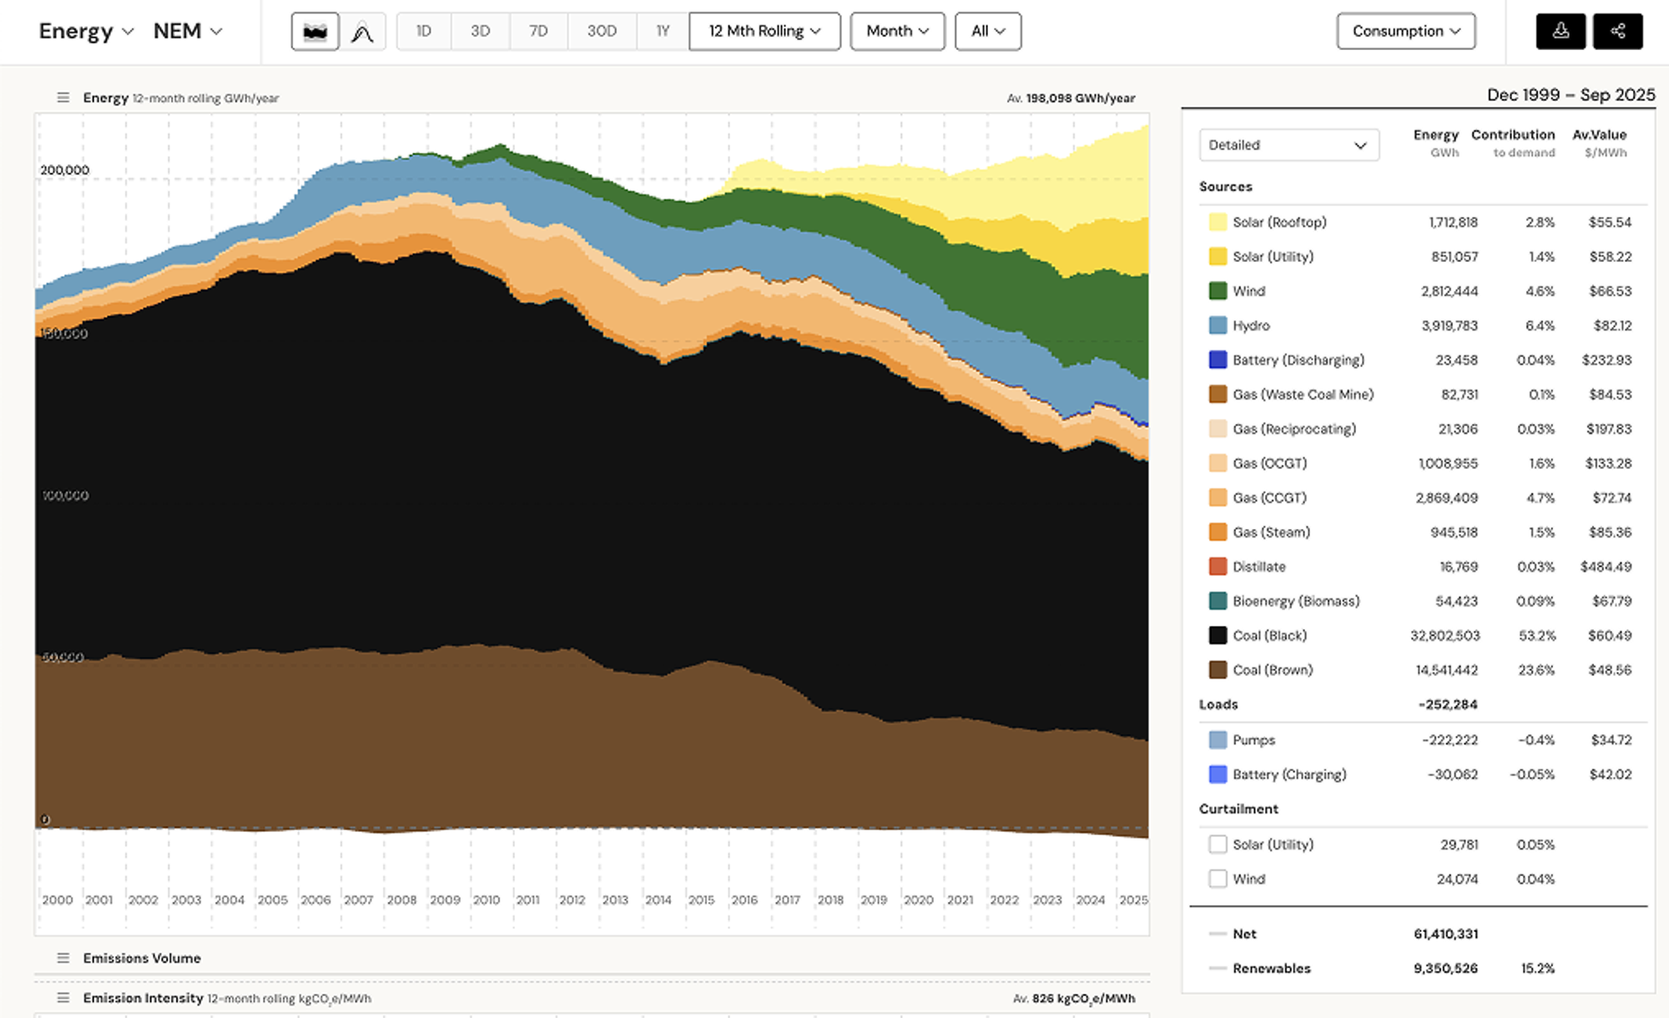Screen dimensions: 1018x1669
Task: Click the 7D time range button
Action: tap(538, 31)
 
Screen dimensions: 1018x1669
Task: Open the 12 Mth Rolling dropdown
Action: tap(764, 31)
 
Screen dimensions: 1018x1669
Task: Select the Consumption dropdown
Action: tap(1405, 31)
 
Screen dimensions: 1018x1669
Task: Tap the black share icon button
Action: tap(1617, 31)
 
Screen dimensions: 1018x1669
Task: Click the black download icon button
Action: tap(1561, 31)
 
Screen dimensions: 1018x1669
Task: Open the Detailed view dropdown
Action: tap(1288, 144)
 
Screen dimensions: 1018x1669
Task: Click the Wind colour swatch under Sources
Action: tap(1218, 290)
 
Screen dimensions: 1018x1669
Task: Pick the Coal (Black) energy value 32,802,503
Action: tap(1445, 635)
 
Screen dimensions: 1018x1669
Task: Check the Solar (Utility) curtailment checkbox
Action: tap(1218, 844)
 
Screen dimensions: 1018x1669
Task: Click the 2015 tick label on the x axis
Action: tap(701, 900)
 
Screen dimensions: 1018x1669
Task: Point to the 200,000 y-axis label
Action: tap(64, 169)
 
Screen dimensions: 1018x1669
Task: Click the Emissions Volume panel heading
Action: tap(142, 958)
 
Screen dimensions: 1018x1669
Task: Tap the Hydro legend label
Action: tap(1251, 325)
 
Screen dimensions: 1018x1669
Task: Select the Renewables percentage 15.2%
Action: tap(1537, 968)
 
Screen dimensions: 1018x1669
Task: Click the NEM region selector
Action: tap(187, 31)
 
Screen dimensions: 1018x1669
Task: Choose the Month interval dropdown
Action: tap(897, 31)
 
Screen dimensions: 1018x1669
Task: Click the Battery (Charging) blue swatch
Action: tap(1218, 774)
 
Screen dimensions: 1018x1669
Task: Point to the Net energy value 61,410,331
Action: tap(1445, 934)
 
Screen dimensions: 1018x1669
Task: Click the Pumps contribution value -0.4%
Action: tap(1535, 739)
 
